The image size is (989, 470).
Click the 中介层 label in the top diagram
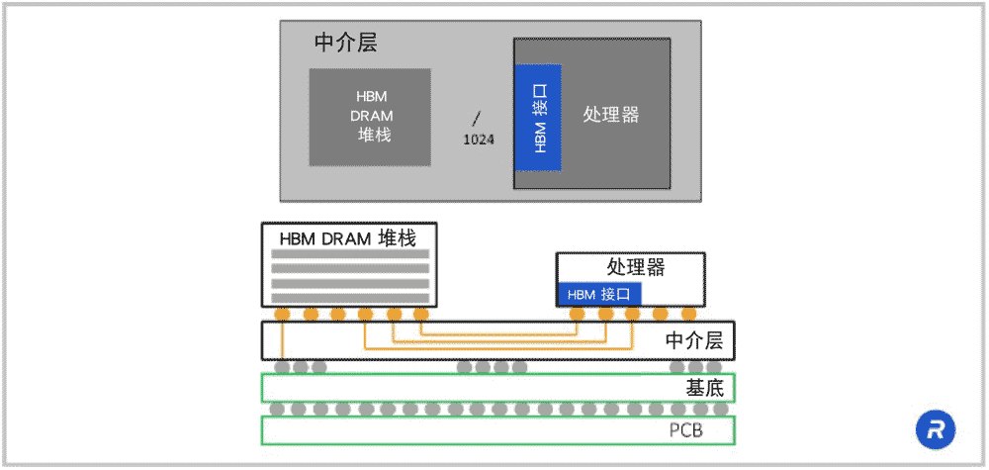(345, 44)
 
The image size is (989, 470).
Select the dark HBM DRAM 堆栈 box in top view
(370, 117)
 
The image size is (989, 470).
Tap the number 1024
(479, 140)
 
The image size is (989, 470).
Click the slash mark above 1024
(477, 118)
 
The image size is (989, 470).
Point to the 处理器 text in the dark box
(611, 114)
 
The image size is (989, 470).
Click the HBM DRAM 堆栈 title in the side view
(348, 238)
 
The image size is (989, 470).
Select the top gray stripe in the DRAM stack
(350, 254)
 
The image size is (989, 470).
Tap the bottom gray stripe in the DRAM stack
(350, 297)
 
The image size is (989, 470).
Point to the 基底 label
(706, 387)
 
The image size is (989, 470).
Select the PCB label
(686, 430)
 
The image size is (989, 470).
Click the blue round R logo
(934, 429)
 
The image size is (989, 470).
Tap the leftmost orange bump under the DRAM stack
(283, 315)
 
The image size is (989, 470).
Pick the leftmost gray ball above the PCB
(277, 409)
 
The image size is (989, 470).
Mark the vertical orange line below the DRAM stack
(284, 341)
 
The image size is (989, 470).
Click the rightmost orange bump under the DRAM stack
(420, 315)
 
